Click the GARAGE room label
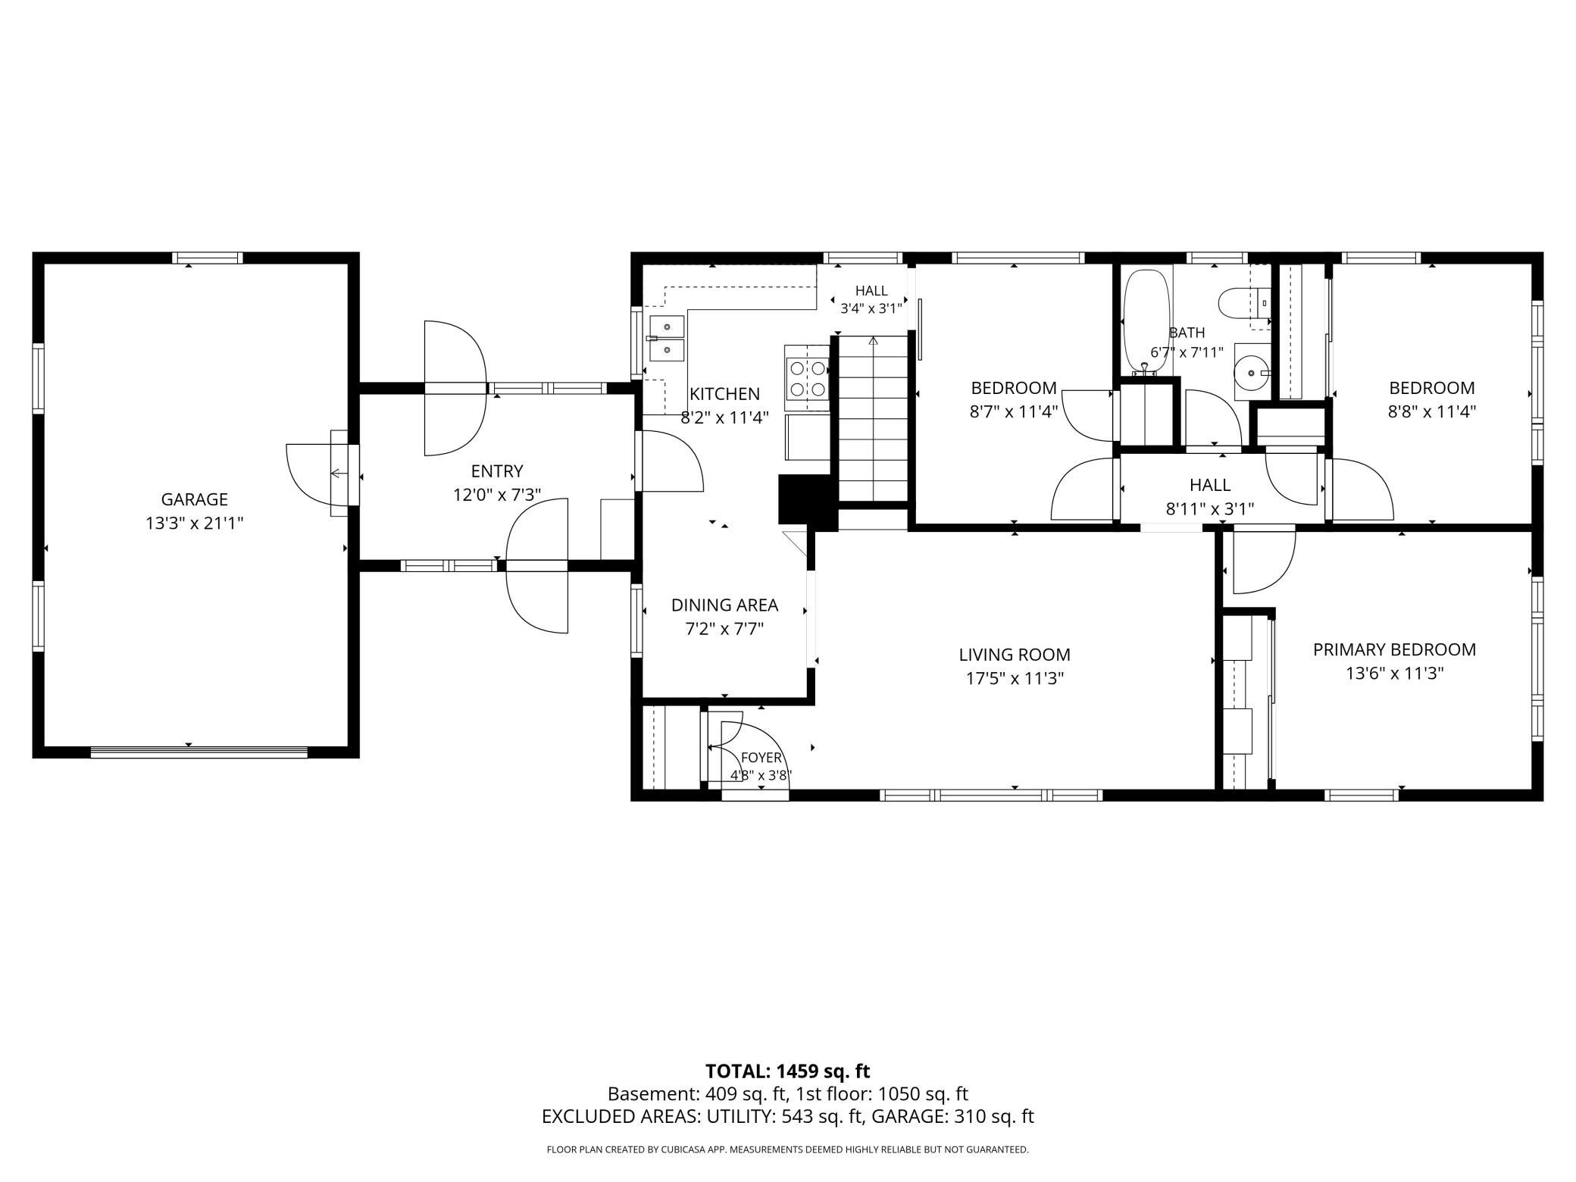(x=194, y=499)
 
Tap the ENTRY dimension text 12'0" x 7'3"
(x=497, y=495)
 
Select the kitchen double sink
(x=666, y=338)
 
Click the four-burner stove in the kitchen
(x=808, y=378)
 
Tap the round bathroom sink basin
(x=1252, y=372)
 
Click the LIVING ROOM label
(x=1015, y=655)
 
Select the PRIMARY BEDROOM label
(x=1394, y=649)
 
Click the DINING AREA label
(x=724, y=605)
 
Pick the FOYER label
(x=761, y=758)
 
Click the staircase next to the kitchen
(x=873, y=418)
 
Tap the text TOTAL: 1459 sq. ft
(x=787, y=1071)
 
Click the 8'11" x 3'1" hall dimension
(x=1210, y=508)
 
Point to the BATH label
(x=1187, y=333)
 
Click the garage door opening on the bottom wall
(x=199, y=752)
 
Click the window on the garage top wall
(x=207, y=258)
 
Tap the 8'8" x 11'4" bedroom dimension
(x=1431, y=411)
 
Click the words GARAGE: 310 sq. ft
(x=952, y=1116)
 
